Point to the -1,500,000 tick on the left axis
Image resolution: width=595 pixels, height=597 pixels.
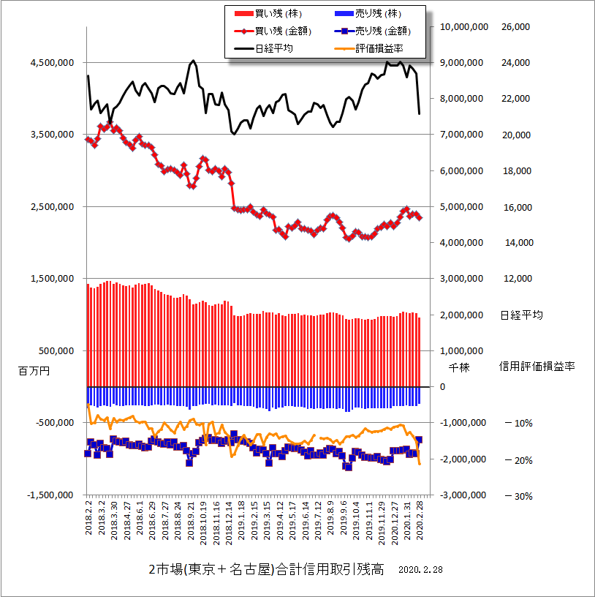point(50,495)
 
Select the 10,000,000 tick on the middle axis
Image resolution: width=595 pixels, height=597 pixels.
point(464,27)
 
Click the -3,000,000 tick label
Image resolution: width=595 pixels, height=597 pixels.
point(465,495)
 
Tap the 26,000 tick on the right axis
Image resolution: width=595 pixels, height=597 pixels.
point(516,27)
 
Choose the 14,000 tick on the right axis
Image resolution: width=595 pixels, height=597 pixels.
point(516,243)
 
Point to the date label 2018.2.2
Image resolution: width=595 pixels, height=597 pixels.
point(88,518)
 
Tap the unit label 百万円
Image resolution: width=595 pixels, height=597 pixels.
point(34,371)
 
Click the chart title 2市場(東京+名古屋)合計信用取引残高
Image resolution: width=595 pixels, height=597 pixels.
point(265,570)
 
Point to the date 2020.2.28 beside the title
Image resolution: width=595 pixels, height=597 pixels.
point(422,569)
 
